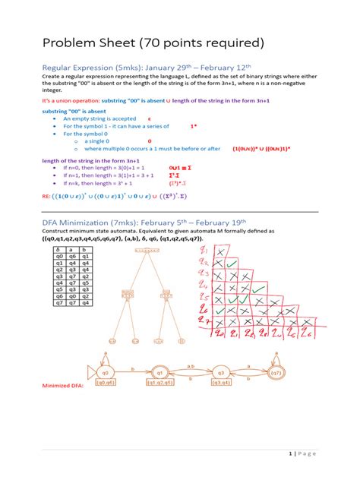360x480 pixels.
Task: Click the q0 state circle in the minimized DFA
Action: [106, 374]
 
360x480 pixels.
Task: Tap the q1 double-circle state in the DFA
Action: [161, 374]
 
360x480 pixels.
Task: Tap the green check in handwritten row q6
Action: [220, 311]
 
